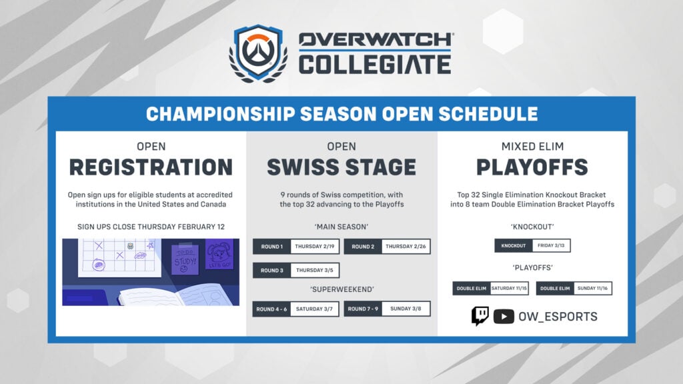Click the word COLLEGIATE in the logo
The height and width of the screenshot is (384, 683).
(374, 65)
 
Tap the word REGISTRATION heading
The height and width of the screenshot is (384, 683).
(151, 167)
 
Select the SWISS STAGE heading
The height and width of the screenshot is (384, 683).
(341, 167)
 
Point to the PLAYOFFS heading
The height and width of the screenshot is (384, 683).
(532, 167)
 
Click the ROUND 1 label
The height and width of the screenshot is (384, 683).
(271, 247)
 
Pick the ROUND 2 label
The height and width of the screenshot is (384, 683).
(363, 247)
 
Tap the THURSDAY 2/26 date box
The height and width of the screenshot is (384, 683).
(406, 247)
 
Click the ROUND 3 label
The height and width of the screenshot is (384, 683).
(271, 270)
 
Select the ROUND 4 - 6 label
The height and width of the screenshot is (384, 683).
(271, 309)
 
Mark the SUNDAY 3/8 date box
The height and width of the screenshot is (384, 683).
(406, 309)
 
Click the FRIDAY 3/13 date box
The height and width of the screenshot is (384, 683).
(551, 245)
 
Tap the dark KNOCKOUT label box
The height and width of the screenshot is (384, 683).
(513, 245)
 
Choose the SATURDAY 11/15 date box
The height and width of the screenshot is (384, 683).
(509, 288)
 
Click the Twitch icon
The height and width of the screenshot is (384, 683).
(480, 316)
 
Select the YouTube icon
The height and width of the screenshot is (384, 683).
(504, 317)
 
